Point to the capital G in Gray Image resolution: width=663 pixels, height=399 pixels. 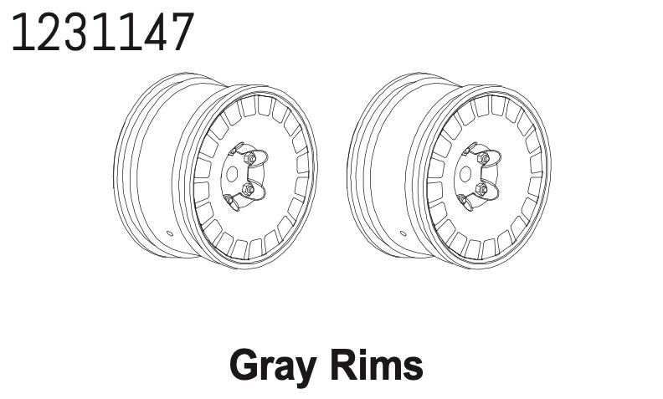[243, 365]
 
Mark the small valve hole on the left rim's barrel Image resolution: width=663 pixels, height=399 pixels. [168, 233]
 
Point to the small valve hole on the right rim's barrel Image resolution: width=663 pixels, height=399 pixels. [402, 233]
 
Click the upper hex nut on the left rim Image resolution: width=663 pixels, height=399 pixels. [249, 158]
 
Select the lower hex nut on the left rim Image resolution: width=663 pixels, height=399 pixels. [249, 190]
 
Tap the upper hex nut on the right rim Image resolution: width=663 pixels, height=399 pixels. [483, 158]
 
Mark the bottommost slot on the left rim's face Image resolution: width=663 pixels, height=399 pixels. [241, 248]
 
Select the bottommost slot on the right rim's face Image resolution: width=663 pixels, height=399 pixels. [475, 248]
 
